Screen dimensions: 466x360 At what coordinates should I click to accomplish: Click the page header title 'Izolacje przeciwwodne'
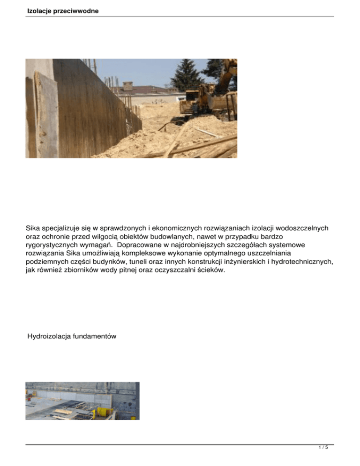63,10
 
